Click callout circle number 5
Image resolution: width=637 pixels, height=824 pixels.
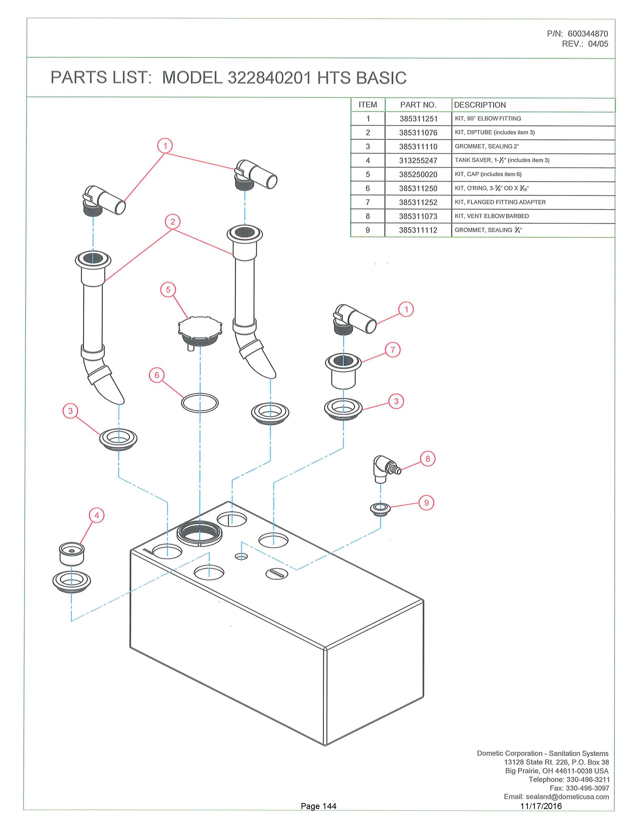[x=168, y=290]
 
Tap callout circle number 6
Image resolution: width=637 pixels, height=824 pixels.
[x=157, y=375]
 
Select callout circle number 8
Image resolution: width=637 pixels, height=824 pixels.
[x=428, y=459]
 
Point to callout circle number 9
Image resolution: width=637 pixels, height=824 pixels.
[x=426, y=503]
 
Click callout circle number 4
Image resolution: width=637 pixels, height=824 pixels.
[x=97, y=515]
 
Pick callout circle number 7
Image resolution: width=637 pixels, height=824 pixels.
[x=392, y=350]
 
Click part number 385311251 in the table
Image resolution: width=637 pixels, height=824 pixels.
[x=418, y=119]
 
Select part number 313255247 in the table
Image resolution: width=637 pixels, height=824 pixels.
[x=418, y=161]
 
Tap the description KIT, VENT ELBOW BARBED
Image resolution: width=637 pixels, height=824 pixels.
[x=492, y=216]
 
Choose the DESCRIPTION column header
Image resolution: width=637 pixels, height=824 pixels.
[x=480, y=105]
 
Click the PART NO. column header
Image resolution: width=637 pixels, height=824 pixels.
[x=418, y=105]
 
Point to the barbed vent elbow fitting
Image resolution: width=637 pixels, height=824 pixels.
[x=383, y=468]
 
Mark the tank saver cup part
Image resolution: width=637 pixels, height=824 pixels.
[x=72, y=554]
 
